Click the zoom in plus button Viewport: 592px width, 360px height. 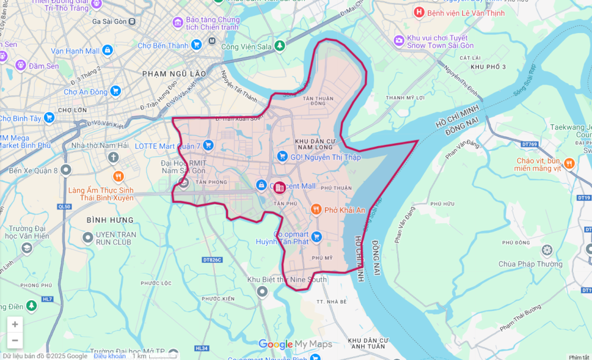point(15,324)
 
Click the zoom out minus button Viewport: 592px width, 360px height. point(15,340)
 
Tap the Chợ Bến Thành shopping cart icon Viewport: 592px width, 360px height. point(197,45)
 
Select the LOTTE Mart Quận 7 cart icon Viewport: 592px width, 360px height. point(208,145)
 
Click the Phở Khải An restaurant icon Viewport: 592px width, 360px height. point(316,210)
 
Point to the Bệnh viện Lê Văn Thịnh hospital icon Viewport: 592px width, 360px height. point(419,12)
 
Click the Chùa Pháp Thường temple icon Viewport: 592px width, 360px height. point(546,249)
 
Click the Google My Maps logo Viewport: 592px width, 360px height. point(295,344)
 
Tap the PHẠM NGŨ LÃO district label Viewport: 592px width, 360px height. point(174,73)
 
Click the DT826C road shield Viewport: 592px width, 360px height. point(211,260)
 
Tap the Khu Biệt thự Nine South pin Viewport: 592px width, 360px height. point(262,291)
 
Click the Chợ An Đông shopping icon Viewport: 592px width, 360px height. point(115,91)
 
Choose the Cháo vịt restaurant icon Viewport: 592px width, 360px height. point(569,163)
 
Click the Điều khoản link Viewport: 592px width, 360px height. point(110,356)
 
